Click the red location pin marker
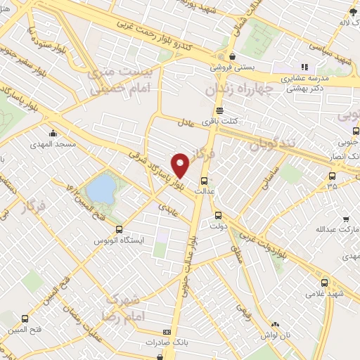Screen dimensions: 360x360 coord(181,165)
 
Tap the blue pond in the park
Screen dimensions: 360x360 coord(102,188)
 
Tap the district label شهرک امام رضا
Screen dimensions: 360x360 coord(127,307)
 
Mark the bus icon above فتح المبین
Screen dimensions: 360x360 coord(26,318)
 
